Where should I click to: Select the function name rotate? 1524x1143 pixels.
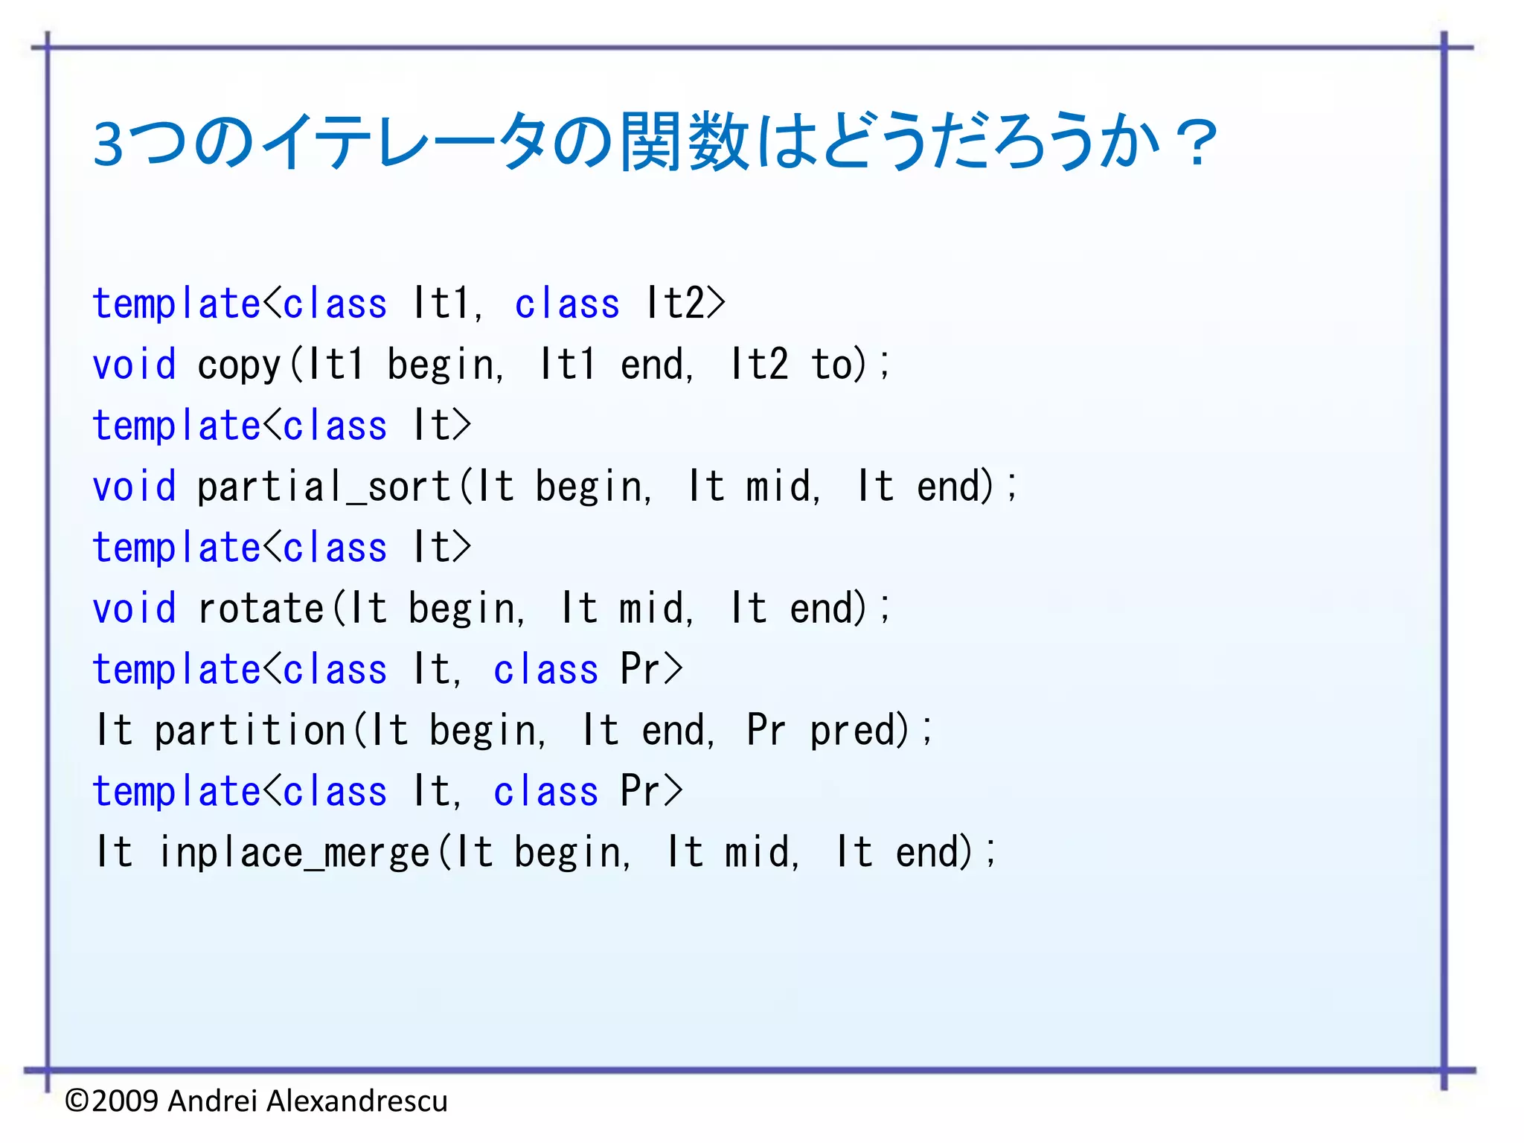pyautogui.click(x=260, y=609)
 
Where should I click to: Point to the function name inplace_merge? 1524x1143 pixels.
pyautogui.click(x=294, y=853)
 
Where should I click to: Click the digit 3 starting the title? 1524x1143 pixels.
pyautogui.click(x=109, y=144)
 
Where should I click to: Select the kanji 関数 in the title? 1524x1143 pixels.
pyautogui.click(x=685, y=141)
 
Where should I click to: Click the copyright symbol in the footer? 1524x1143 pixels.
pyautogui.click(x=77, y=1101)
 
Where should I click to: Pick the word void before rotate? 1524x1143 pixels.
pyautogui.click(x=134, y=609)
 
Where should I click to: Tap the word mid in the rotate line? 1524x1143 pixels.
pyautogui.click(x=651, y=609)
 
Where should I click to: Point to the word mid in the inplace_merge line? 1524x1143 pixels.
pyautogui.click(x=757, y=853)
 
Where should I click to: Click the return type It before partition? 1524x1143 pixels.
pyautogui.click(x=114, y=730)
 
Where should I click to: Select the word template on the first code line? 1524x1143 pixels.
pyautogui.click(x=176, y=304)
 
